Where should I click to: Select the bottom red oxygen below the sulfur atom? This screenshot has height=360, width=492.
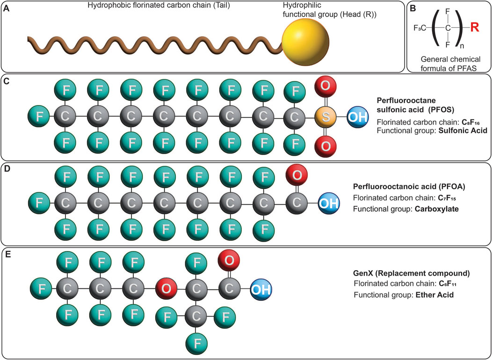[x=326, y=146]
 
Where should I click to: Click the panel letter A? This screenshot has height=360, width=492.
[x=6, y=7]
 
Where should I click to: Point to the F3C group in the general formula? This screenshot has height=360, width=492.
[x=420, y=28]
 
